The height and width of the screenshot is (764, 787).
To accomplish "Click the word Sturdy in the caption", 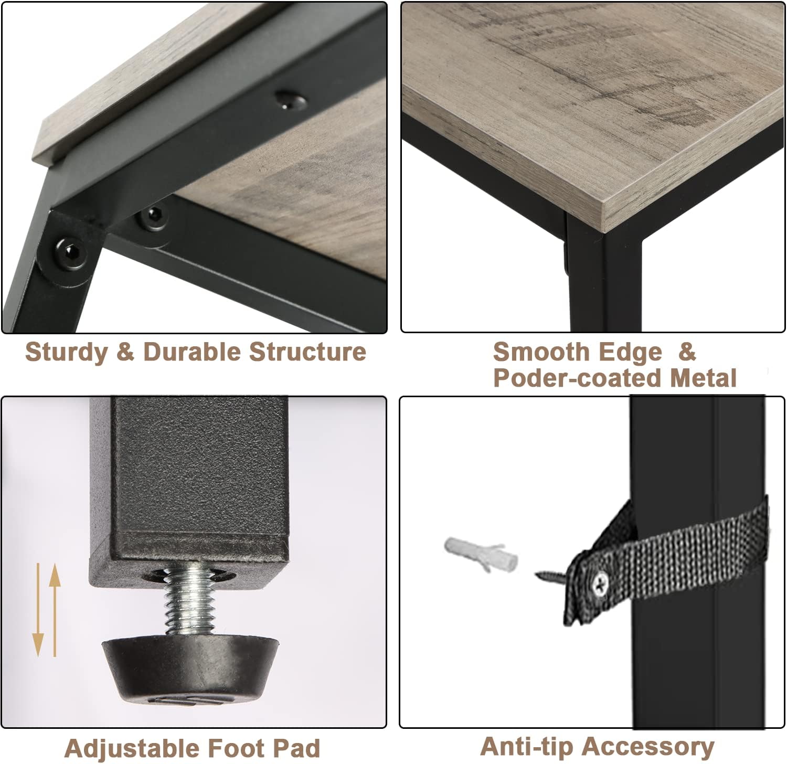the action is coord(67,352).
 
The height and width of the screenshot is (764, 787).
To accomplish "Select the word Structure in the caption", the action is coord(307,351).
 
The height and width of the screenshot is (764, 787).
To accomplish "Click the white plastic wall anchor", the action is coord(481,554).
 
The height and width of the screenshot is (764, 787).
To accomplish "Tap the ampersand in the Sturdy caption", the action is coord(125,352).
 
